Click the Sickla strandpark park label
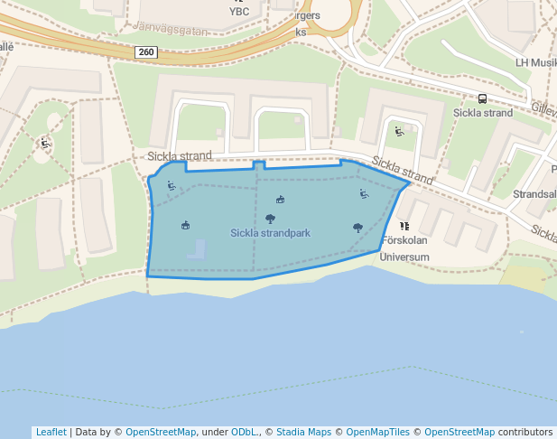click(270, 233)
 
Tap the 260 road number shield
click(146, 52)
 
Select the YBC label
click(239, 12)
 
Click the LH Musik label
click(535, 62)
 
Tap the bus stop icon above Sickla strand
click(482, 99)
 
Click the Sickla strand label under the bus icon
click(482, 113)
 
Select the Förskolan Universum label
click(404, 249)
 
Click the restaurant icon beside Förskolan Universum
click(404, 226)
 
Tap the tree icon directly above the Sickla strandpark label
click(270, 219)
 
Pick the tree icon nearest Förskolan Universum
click(358, 228)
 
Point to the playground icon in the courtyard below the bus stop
click(399, 132)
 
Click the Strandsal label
click(534, 194)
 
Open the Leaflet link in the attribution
click(51, 432)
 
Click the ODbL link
click(245, 432)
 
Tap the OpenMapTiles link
click(377, 432)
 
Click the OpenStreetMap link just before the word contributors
click(460, 432)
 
